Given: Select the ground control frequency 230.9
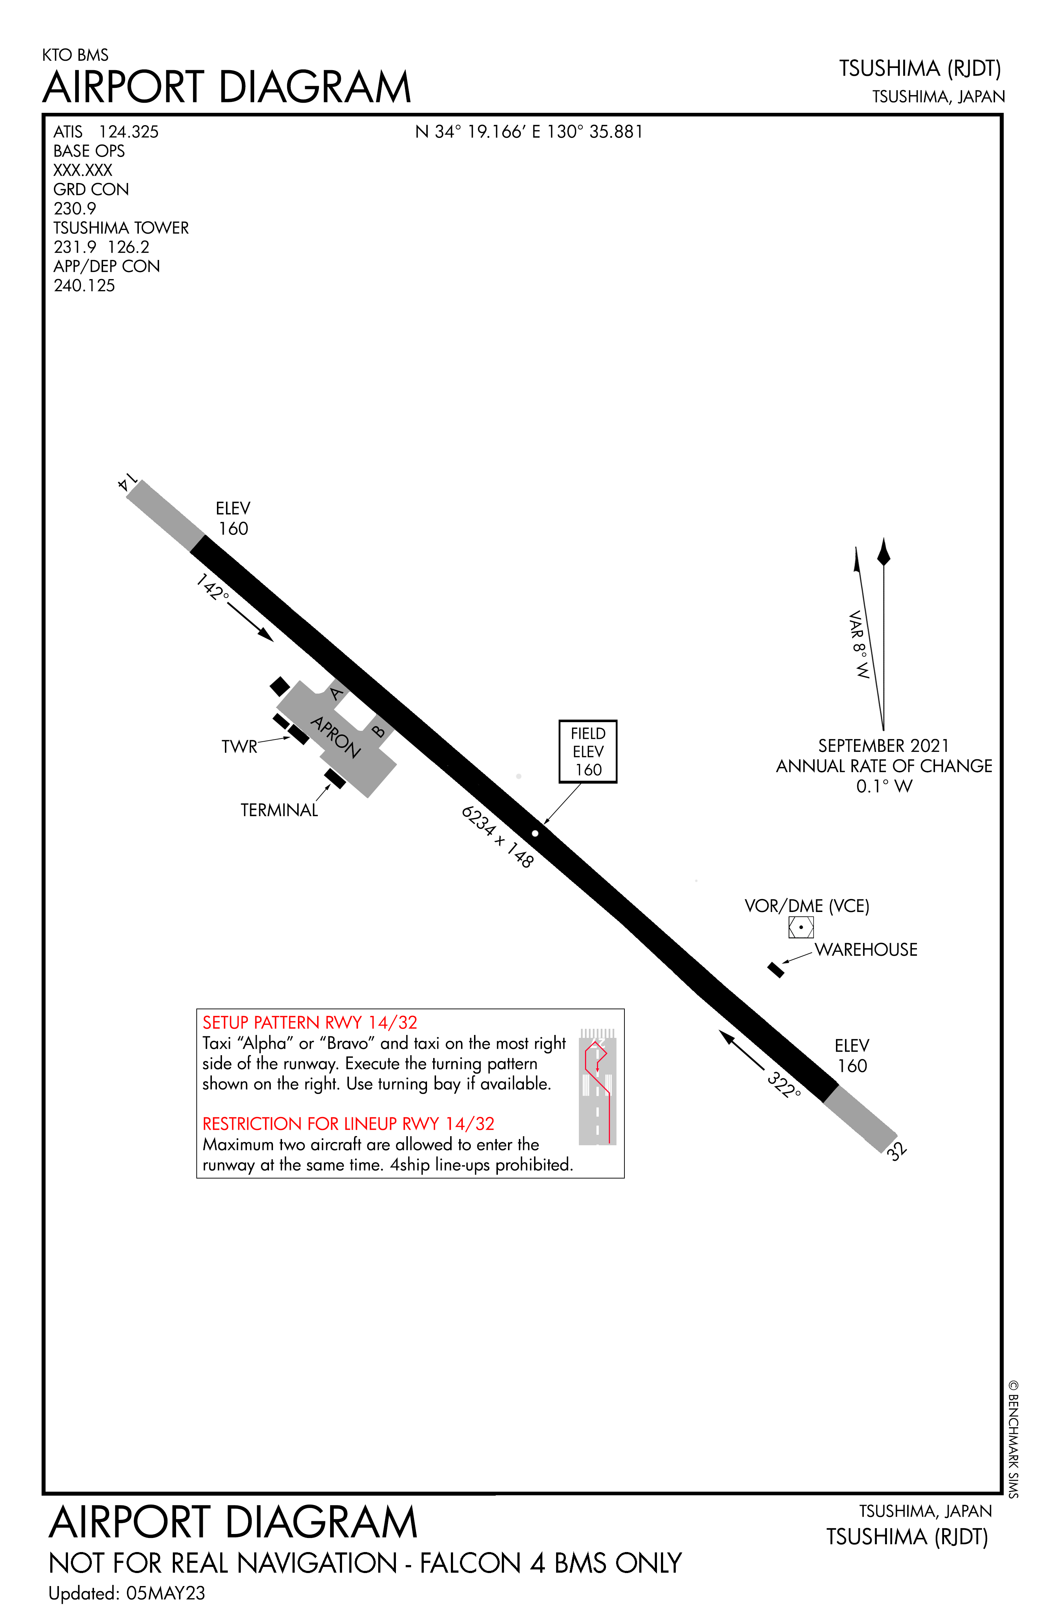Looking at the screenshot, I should (x=74, y=209).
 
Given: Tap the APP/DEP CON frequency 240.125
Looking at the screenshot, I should (x=84, y=286).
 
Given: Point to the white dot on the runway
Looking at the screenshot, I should (x=535, y=833).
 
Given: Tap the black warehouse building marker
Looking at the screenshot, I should (x=776, y=970).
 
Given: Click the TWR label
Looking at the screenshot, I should (x=239, y=747).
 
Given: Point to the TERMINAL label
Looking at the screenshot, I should (x=279, y=810).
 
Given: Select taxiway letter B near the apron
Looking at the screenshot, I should (x=379, y=730).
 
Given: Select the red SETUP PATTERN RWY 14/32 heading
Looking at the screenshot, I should (x=310, y=1022).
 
